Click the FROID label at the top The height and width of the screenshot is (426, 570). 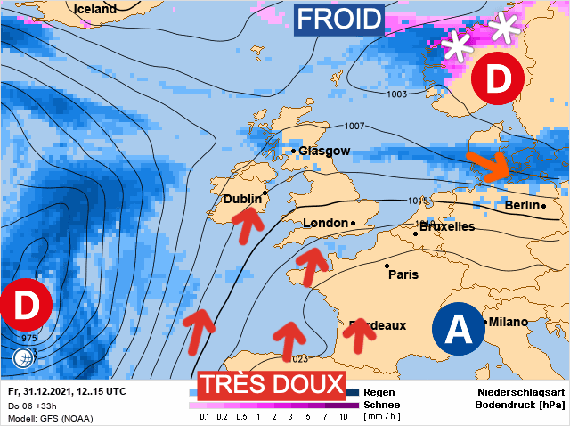click(339, 19)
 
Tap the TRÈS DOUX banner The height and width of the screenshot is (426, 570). click(271, 384)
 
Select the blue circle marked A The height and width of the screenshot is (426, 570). click(458, 329)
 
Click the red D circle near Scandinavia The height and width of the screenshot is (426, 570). click(498, 78)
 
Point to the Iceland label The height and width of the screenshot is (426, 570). click(95, 9)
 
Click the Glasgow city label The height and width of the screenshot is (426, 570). click(324, 152)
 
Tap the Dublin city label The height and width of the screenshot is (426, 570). click(242, 200)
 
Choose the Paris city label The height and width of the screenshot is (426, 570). click(403, 274)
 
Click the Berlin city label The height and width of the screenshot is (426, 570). click(522, 206)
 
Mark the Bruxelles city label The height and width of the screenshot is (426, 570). click(446, 227)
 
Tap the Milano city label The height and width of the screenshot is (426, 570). click(508, 322)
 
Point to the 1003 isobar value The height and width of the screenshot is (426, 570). click(398, 94)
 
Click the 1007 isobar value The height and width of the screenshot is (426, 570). click(355, 125)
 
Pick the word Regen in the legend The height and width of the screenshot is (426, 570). click(379, 392)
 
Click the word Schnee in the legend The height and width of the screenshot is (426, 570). click(382, 405)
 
